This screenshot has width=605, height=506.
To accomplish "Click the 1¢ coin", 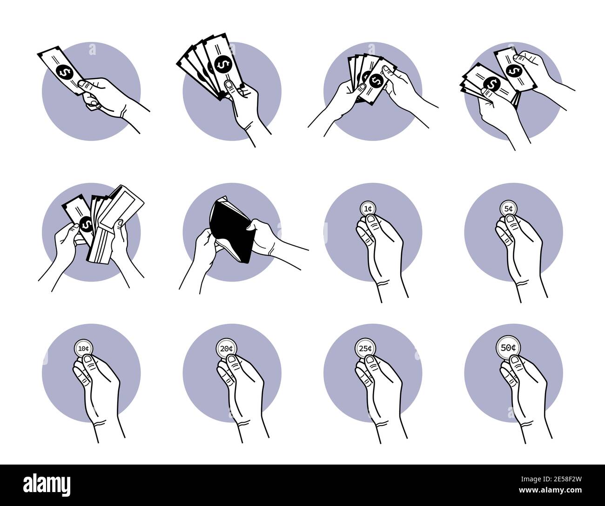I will (368, 209).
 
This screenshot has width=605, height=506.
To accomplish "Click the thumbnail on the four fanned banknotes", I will (229, 84).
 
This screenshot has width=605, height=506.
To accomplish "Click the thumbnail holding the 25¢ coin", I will (370, 361).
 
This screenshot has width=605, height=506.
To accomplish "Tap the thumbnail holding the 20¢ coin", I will (232, 361).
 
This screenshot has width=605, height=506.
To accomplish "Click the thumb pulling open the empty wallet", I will (251, 227).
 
